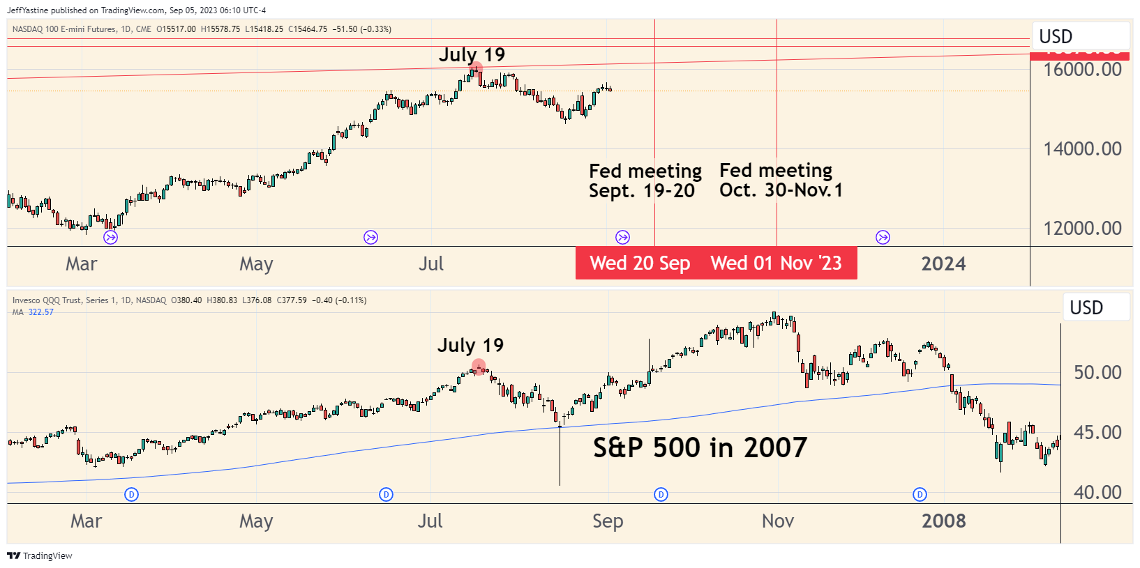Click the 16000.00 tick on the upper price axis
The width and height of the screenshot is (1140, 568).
click(1082, 70)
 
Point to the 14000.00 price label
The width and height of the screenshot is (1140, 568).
click(1082, 149)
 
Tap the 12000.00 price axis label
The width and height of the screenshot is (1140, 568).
click(1082, 229)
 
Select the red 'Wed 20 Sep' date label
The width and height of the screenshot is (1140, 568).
click(640, 263)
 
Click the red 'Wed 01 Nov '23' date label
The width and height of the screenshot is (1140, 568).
click(776, 263)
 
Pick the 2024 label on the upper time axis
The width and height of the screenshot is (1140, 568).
click(943, 264)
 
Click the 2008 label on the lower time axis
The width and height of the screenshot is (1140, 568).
click(943, 521)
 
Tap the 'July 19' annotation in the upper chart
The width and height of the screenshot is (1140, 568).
click(472, 55)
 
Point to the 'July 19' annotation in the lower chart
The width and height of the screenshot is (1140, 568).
click(470, 346)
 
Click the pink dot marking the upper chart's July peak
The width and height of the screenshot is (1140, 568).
click(476, 69)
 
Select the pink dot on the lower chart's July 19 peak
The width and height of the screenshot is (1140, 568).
click(479, 366)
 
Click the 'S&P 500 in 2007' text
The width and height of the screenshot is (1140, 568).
click(700, 447)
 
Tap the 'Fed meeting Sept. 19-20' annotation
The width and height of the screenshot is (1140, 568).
click(645, 181)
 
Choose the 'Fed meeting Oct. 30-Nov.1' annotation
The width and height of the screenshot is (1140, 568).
click(781, 181)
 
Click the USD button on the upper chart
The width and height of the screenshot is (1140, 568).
click(1056, 37)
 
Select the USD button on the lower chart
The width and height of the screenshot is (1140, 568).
click(1086, 308)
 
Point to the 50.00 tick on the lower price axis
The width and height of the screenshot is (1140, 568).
click(1097, 373)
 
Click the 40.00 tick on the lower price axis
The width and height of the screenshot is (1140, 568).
click(1097, 493)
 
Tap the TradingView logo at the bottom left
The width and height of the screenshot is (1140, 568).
click(40, 555)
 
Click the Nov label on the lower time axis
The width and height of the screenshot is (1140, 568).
click(778, 521)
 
